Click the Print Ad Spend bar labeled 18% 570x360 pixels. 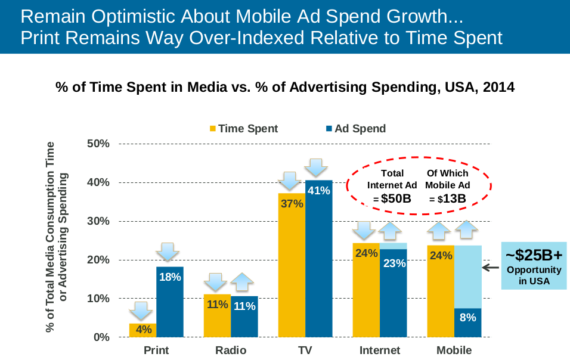[x=170, y=302]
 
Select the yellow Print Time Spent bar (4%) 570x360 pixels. [x=142, y=330]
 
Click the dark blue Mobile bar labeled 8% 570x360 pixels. [x=467, y=322]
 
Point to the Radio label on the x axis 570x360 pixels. [x=231, y=350]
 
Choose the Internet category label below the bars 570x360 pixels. [x=380, y=350]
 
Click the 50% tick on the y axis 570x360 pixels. [x=98, y=144]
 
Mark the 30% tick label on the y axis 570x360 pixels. [x=98, y=221]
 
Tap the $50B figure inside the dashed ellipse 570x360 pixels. [x=396, y=198]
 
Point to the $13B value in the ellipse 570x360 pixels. [x=451, y=198]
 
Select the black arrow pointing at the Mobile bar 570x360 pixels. [x=490, y=268]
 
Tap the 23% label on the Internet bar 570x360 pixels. [x=394, y=263]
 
